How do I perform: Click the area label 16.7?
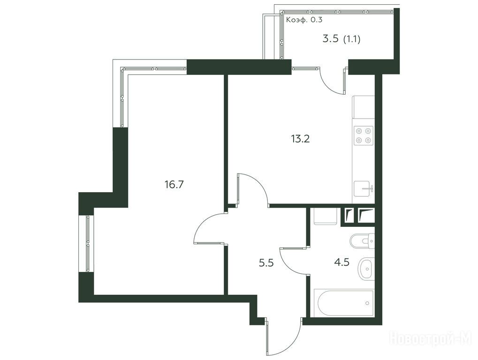pyautogui.click(x=174, y=185)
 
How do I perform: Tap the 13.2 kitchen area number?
pyautogui.click(x=300, y=139)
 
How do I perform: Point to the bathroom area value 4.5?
pyautogui.click(x=342, y=262)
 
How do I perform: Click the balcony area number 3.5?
pyautogui.click(x=330, y=39)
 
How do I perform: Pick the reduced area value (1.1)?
pyautogui.click(x=352, y=39)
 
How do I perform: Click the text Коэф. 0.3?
pyautogui.click(x=304, y=20)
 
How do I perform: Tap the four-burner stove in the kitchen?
pyautogui.click(x=364, y=135)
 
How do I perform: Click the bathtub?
pyautogui.click(x=343, y=303)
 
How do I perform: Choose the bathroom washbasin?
pyautogui.click(x=366, y=269)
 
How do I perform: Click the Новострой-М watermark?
pyautogui.click(x=431, y=338)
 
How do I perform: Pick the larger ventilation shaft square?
pyautogui.click(x=366, y=216)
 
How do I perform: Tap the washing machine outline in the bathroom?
pyautogui.click(x=325, y=216)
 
